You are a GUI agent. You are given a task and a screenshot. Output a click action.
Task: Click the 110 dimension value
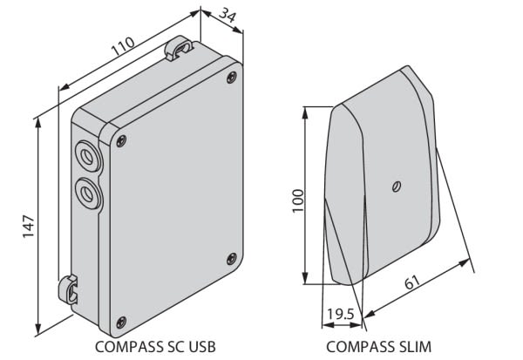click(x=123, y=46)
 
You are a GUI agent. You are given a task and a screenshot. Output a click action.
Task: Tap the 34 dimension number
click(x=228, y=15)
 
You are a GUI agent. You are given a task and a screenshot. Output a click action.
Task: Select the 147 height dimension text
click(x=29, y=227)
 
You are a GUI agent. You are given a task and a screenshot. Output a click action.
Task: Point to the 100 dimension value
click(x=298, y=200)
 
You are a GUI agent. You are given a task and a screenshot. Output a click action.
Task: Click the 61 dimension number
click(x=412, y=282)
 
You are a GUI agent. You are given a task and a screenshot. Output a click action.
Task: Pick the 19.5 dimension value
click(x=340, y=314)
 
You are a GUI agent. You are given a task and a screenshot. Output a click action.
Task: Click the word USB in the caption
click(x=202, y=347)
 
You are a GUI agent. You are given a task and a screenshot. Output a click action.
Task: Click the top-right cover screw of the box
click(x=232, y=78)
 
